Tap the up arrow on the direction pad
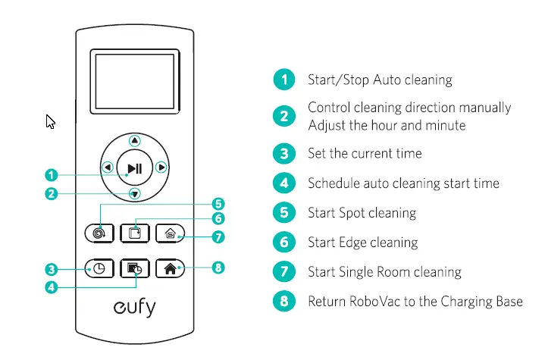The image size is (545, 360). coord(134,140)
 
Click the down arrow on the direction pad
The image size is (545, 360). coord(134,194)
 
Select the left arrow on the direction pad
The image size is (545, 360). coord(107,167)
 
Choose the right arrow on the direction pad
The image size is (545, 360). coord(161,167)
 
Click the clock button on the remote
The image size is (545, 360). coord(100,269)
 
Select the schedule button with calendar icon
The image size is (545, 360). coord(134,269)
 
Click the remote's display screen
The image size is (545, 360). coord(134,80)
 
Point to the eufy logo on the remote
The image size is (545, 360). coord(134,309)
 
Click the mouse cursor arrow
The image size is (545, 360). coord(50,121)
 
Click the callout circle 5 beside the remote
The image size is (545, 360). coord(218,203)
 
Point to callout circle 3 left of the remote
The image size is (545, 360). coord(51,269)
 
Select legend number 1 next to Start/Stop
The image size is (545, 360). coord(283,79)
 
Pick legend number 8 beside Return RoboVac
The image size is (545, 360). coord(283,301)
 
